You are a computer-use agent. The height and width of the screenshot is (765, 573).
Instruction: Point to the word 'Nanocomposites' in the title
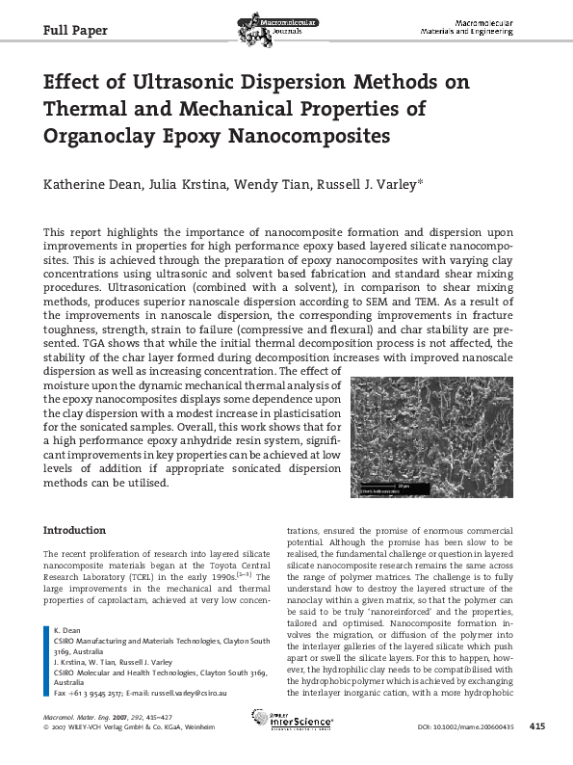[x=309, y=135]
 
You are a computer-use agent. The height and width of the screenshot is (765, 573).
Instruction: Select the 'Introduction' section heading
[x=75, y=531]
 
